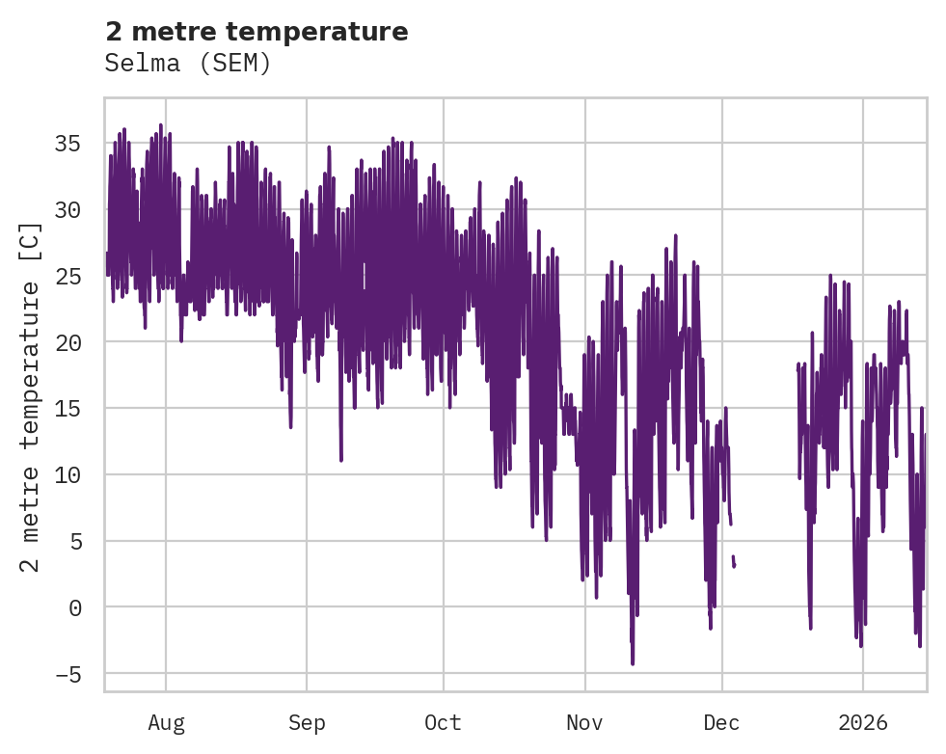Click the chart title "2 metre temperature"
point(257,32)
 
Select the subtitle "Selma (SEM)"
point(188,64)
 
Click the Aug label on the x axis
point(166,723)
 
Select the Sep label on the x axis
point(307,723)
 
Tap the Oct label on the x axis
point(444,723)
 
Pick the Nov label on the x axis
point(584,723)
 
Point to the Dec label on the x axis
point(721,723)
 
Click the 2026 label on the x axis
point(863,723)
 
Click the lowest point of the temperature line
point(633,663)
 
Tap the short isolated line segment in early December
point(734,561)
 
